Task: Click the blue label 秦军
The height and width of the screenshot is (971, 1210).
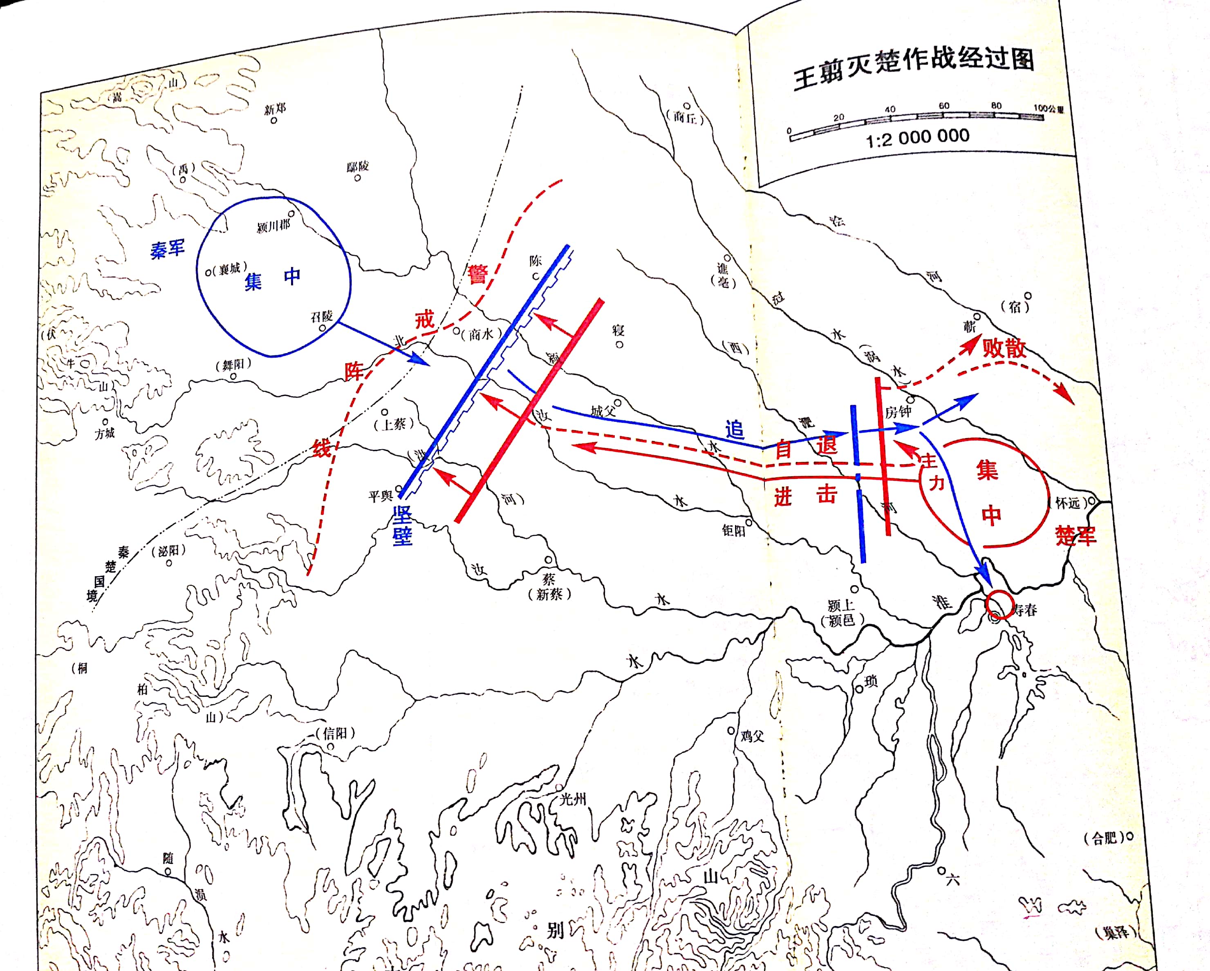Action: coord(167,248)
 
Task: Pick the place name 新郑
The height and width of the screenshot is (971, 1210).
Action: coord(275,108)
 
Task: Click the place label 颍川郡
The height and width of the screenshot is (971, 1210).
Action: coord(273,226)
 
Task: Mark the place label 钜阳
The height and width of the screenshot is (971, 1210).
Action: coord(733,530)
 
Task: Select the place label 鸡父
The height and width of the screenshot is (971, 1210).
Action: coord(752,736)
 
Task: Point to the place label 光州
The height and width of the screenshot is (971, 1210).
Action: coord(572,799)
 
